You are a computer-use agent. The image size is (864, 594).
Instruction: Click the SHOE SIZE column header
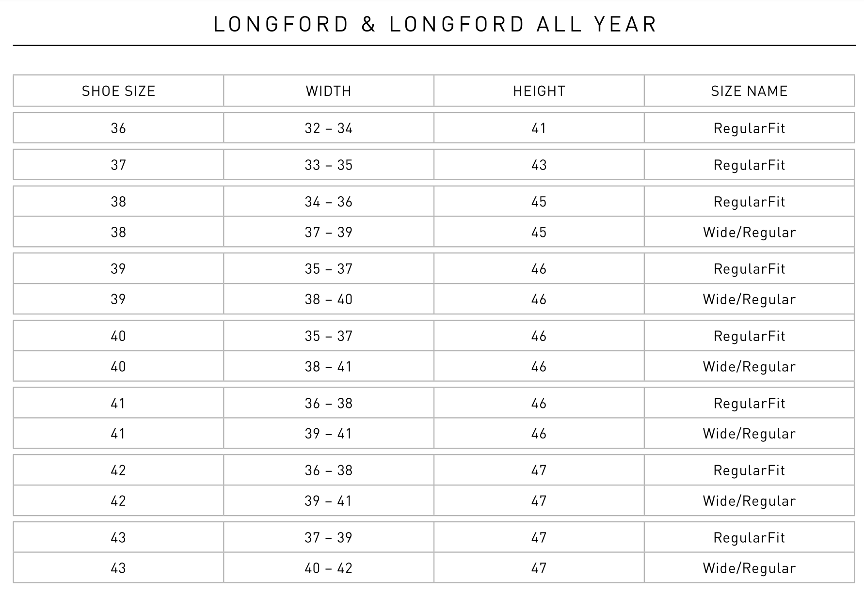point(118,91)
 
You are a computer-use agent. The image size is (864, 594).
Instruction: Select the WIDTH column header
point(328,91)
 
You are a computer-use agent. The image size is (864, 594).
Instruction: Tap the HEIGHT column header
point(539,91)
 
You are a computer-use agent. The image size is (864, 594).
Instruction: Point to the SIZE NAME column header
point(749,91)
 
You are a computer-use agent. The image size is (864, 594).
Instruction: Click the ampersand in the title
point(368,24)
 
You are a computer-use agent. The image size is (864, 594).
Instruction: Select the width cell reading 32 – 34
point(328,128)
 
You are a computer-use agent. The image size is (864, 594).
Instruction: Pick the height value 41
point(539,128)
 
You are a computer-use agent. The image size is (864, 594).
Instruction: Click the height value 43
point(539,165)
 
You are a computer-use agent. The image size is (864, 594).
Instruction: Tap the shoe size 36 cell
point(118,128)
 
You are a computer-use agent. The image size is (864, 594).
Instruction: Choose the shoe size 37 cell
point(118,165)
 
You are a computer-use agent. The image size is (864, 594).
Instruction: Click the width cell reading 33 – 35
point(328,165)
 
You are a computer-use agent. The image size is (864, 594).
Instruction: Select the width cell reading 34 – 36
point(328,202)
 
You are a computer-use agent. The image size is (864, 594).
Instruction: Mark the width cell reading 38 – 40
point(328,299)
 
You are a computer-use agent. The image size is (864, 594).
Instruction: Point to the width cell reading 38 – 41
point(328,367)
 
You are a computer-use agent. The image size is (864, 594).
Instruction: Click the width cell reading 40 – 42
point(328,568)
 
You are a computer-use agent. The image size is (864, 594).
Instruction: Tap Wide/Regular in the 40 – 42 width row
point(749,568)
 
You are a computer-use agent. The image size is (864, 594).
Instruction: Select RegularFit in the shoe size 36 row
point(749,128)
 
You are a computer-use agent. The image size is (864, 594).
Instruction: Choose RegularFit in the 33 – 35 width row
point(749,165)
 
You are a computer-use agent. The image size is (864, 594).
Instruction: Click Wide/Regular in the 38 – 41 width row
point(749,367)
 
